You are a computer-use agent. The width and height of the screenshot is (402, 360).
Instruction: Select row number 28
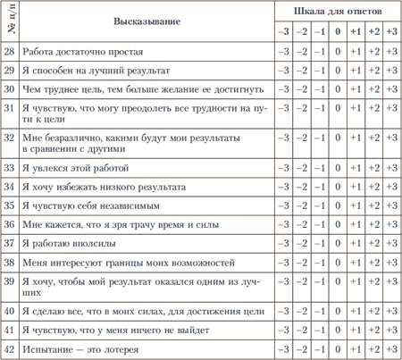coord(10,52)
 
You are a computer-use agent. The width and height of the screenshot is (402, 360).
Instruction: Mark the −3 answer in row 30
coord(283,89)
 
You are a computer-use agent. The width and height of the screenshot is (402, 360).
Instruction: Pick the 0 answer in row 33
coord(338,167)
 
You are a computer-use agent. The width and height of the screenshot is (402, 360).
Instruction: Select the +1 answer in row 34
coord(356,186)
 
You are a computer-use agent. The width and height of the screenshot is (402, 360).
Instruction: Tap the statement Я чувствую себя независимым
coord(88,205)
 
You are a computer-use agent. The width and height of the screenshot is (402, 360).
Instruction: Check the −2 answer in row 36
coord(302,223)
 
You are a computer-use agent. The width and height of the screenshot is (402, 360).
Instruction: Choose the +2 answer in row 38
coord(374,262)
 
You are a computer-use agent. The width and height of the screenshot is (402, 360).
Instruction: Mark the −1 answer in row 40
coord(320,309)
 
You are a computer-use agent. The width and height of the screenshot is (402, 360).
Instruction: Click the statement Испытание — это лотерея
coord(80,347)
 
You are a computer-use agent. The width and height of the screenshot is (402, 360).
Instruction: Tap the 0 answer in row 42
coord(338,347)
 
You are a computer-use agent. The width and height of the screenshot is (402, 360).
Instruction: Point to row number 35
coord(10,205)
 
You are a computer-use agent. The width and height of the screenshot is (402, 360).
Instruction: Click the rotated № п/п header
coord(10,21)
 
